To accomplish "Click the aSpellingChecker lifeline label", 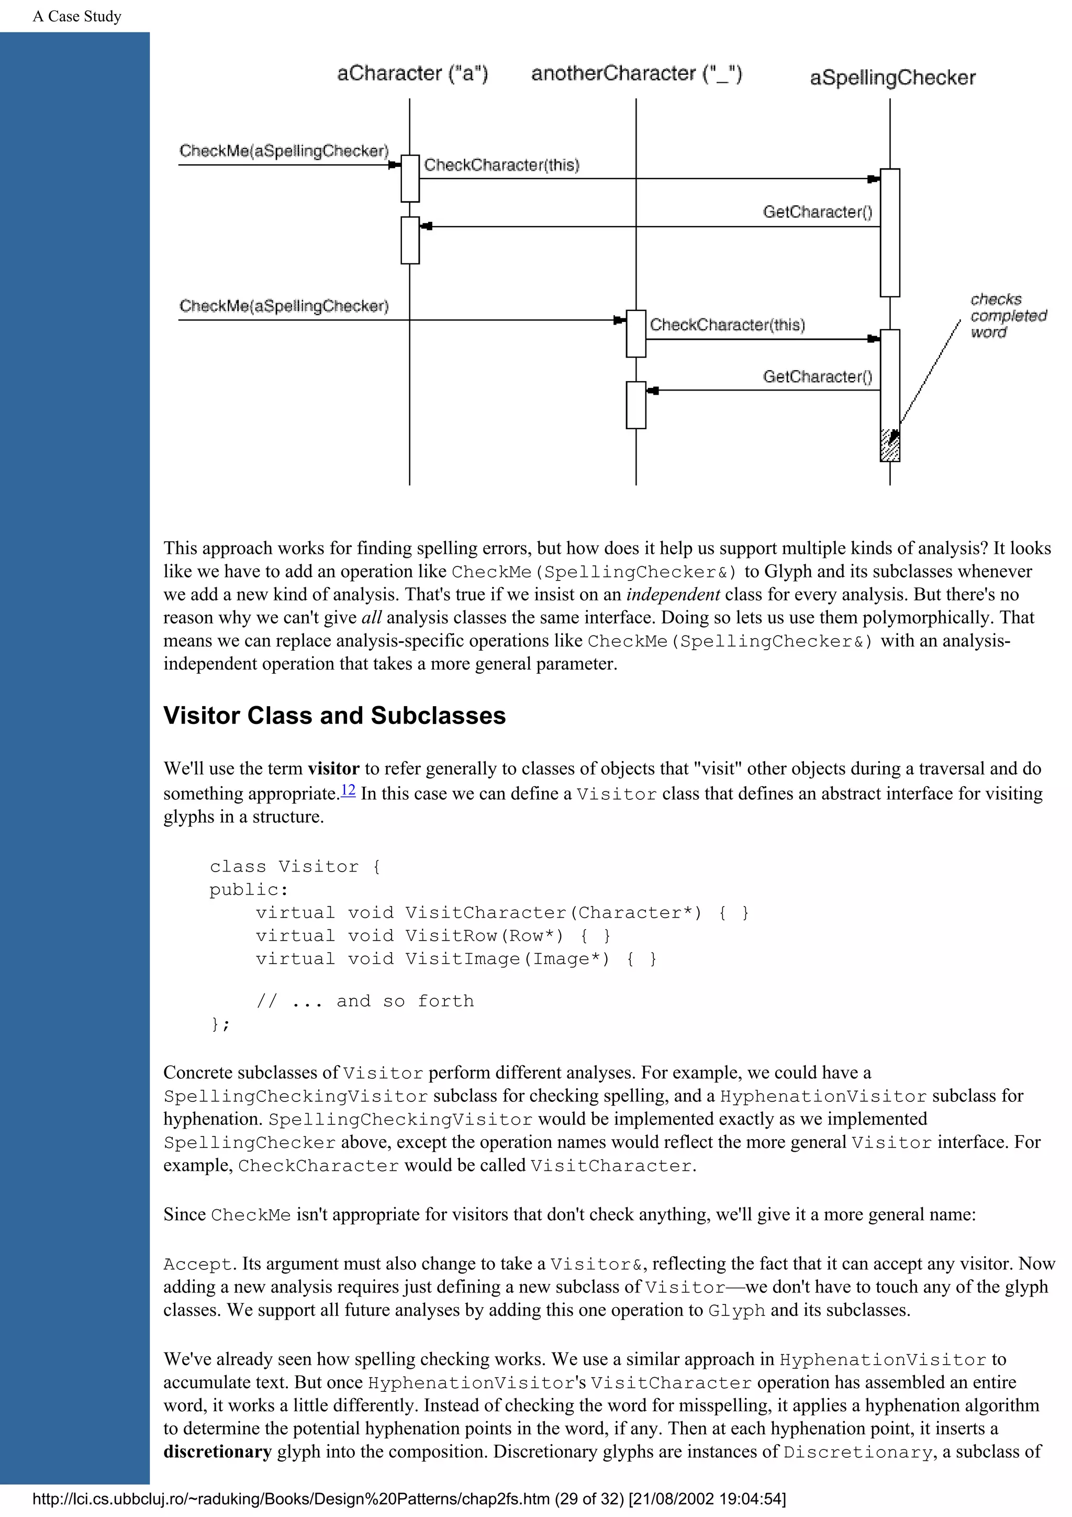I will pyautogui.click(x=892, y=78).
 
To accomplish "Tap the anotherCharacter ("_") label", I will pyautogui.click(x=636, y=73).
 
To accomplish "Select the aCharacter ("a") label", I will pyautogui.click(x=412, y=73).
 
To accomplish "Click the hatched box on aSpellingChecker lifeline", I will pyautogui.click(x=890, y=445).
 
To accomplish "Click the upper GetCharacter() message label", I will pyautogui.click(x=817, y=212).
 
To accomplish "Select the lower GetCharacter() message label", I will pyautogui.click(x=817, y=376).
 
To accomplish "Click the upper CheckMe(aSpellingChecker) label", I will pyautogui.click(x=284, y=151).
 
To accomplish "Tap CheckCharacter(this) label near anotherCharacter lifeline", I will pyautogui.click(x=727, y=325).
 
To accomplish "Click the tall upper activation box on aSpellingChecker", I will pyautogui.click(x=890, y=232).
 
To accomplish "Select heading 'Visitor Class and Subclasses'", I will pyautogui.click(x=334, y=716).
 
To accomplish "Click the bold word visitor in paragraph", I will pyautogui.click(x=333, y=768).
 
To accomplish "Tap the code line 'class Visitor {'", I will pyautogui.click(x=295, y=866).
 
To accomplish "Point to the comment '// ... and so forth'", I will pyautogui.click(x=365, y=1001).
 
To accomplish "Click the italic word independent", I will pyautogui.click(x=673, y=594).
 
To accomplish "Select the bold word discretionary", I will pyautogui.click(x=217, y=1452).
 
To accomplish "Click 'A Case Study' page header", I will pyautogui.click(x=77, y=17).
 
